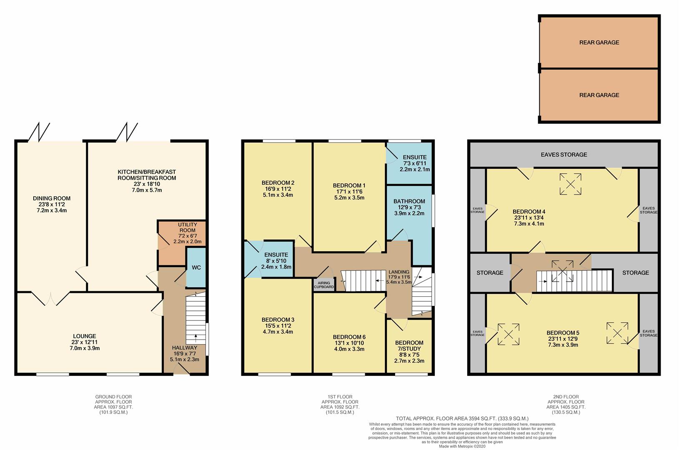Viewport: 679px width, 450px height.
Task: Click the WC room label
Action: click(196, 267)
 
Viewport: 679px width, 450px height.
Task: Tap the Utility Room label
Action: click(187, 227)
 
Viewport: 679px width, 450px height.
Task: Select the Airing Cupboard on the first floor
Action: click(324, 285)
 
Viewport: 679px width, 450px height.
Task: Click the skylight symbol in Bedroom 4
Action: click(570, 184)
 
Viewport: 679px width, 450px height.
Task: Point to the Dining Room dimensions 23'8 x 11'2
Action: click(52, 205)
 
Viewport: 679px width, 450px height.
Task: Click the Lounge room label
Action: click(85, 336)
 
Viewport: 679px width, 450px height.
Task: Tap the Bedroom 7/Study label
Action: click(409, 346)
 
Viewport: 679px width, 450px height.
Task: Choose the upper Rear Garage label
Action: click(599, 42)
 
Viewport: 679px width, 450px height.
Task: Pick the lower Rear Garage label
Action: click(599, 95)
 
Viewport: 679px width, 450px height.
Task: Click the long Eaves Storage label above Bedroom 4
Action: click(564, 155)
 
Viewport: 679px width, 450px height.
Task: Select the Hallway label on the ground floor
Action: click(184, 348)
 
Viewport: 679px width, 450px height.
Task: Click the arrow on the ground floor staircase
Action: click(195, 337)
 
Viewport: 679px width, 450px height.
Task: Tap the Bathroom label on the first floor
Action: click(409, 201)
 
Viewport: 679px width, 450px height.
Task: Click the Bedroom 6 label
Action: click(349, 337)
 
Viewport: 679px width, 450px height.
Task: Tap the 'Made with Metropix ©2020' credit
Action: click(462, 446)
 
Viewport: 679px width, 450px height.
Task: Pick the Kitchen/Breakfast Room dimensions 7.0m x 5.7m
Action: click(147, 190)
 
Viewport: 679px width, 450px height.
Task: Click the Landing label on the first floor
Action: click(399, 272)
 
